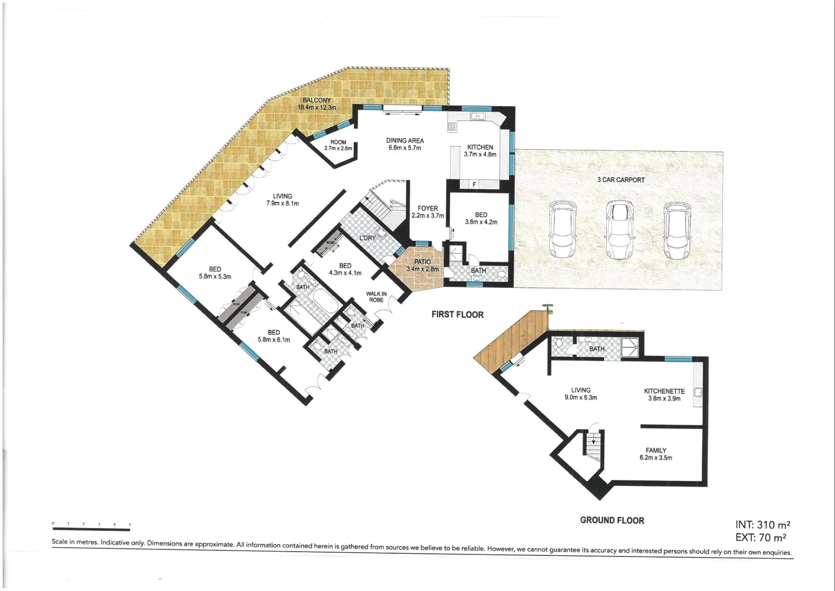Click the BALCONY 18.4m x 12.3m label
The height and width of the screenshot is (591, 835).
coord(317,104)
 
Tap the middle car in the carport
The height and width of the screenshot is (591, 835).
coord(620,230)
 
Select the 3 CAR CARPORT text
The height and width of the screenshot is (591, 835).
coord(621,179)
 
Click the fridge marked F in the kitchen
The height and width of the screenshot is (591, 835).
coord(474,184)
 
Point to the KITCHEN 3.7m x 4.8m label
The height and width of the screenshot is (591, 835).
coord(480,151)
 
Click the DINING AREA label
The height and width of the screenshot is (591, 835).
coord(405,144)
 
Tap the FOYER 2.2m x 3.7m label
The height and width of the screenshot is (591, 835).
coord(428,212)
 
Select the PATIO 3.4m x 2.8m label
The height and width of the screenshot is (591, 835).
coord(422,265)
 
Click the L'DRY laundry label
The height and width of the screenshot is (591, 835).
coord(367,238)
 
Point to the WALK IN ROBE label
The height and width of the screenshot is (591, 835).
coord(376,297)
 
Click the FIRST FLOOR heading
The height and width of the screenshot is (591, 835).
coord(457,315)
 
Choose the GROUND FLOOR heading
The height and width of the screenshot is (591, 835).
coord(612,520)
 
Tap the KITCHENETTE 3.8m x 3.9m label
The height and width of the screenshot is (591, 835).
coord(664,395)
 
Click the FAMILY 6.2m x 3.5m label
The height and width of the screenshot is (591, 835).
coord(656,454)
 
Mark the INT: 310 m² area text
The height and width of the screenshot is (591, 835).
coord(762,525)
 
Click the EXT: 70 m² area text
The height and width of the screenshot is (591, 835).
coord(762,538)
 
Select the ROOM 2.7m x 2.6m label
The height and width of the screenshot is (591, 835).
coord(338,145)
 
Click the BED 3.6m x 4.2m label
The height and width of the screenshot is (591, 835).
coord(481,218)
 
